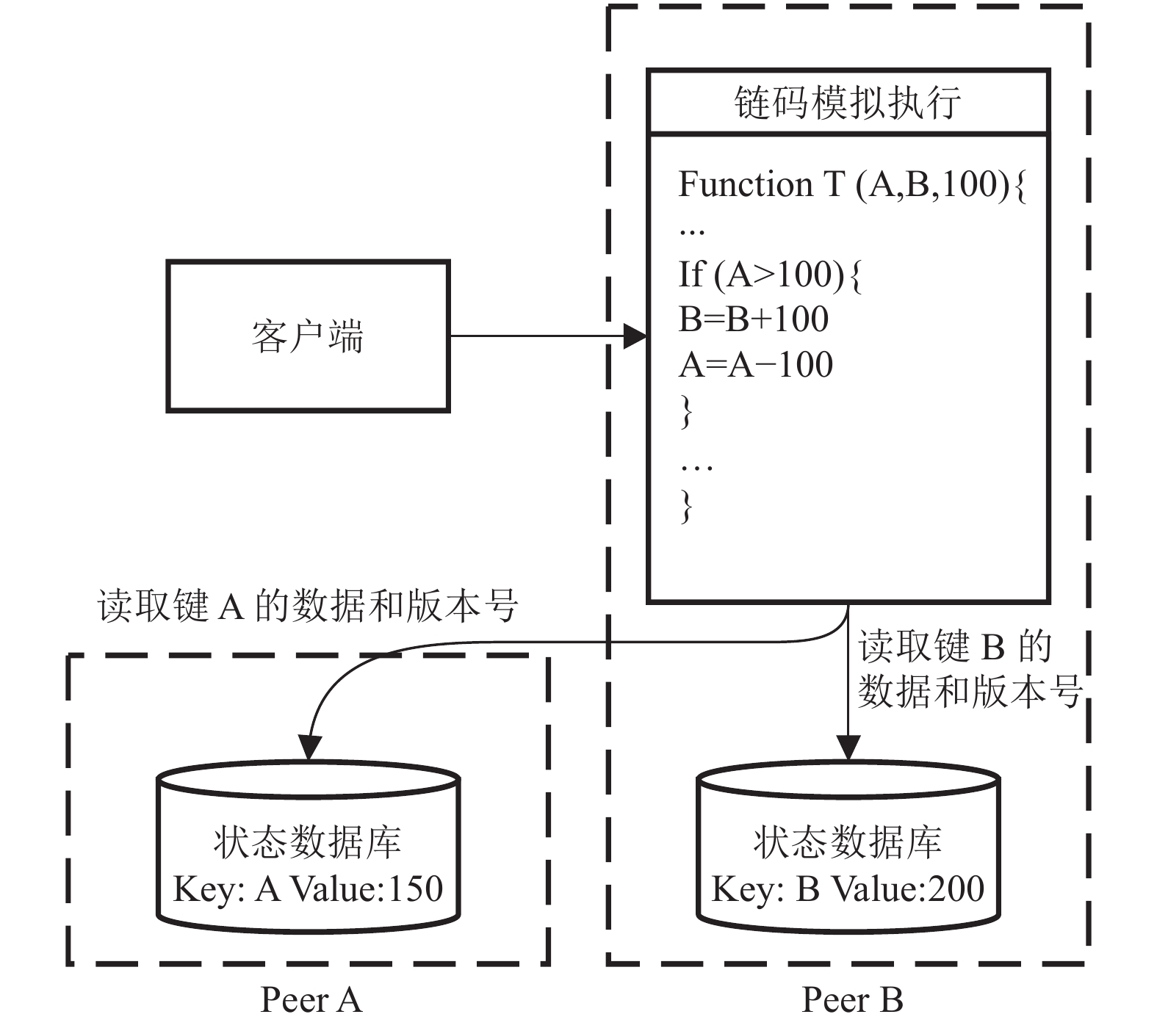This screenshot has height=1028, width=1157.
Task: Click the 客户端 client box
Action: [308, 336]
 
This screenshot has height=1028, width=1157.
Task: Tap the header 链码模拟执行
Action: [848, 102]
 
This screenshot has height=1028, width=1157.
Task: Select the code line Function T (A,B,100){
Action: [852, 184]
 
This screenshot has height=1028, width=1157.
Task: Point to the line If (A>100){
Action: [770, 275]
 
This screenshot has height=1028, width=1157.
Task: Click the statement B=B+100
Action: [754, 319]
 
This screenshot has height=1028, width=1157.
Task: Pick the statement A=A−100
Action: [756, 365]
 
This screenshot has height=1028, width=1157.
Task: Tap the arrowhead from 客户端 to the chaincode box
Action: [635, 336]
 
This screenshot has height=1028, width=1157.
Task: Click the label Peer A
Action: [311, 999]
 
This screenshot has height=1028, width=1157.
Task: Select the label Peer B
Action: [852, 999]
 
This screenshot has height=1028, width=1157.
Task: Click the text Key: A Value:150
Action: [308, 888]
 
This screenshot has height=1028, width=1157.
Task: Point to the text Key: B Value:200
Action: [848, 888]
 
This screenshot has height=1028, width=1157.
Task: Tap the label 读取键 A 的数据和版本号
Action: [308, 607]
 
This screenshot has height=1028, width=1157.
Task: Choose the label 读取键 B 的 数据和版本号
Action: [970, 669]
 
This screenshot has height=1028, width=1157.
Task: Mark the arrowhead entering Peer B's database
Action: [848, 748]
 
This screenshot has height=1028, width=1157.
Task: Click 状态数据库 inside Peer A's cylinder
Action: [308, 842]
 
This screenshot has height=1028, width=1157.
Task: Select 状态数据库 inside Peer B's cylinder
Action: [848, 842]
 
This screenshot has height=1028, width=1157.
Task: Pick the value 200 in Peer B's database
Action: [956, 888]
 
